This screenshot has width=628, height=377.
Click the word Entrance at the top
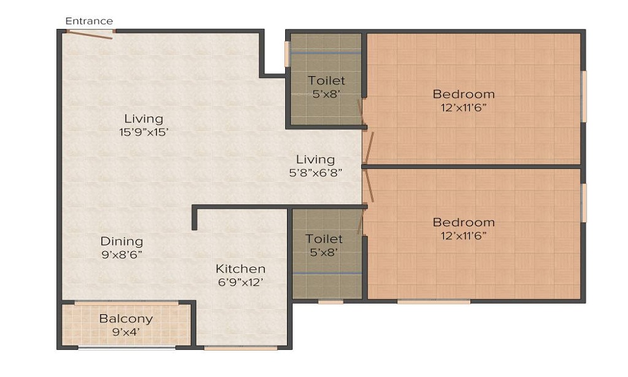pos(89,21)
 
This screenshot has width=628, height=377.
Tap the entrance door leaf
pos(90,35)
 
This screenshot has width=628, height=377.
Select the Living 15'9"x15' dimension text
pos(143,133)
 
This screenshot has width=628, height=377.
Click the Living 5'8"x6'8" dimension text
pos(315,173)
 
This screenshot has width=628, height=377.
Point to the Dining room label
pos(122,241)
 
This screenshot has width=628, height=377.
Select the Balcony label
pos(126,319)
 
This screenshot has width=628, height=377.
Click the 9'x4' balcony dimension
pos(126,332)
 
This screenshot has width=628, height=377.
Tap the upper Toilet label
pos(326,80)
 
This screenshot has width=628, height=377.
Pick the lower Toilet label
pos(324,239)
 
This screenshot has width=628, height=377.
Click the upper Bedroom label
pos(463,94)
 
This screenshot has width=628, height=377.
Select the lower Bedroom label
pos(463,222)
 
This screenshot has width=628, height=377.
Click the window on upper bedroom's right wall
pos(583,96)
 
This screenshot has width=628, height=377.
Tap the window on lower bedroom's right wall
pos(583,202)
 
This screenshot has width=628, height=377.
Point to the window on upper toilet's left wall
pos(287,53)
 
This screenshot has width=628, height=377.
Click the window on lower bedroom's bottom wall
pos(433,302)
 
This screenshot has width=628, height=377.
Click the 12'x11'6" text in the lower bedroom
pos(463,236)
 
